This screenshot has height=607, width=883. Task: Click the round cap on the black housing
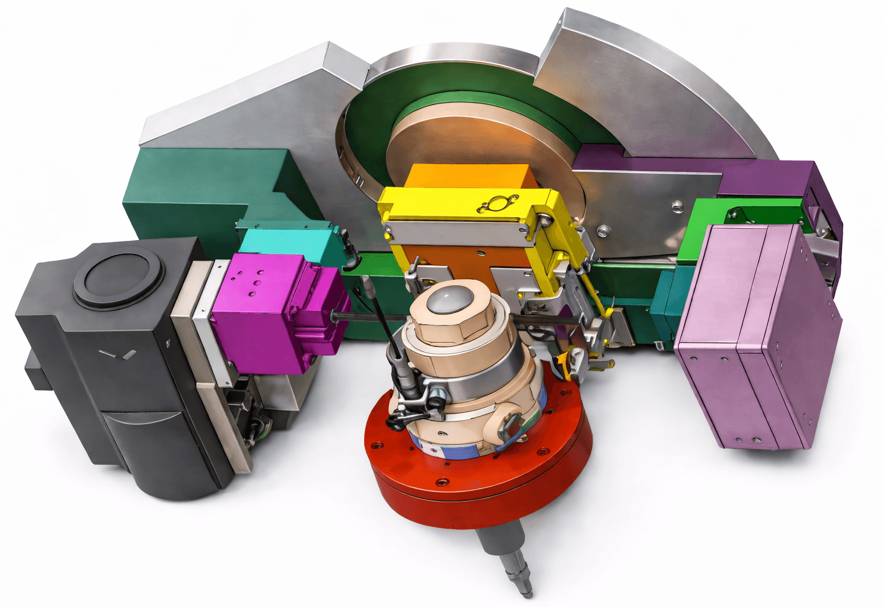118,277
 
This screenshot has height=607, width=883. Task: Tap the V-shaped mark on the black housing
117,355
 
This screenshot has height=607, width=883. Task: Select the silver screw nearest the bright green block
675,205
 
